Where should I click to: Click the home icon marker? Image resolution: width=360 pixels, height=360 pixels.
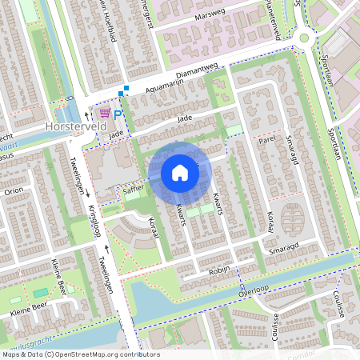point(180,172)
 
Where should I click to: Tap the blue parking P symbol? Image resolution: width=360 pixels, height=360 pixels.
point(118,115)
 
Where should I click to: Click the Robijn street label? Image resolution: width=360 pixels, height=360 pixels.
point(218,272)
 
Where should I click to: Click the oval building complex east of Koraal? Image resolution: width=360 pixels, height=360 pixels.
point(293,219)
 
